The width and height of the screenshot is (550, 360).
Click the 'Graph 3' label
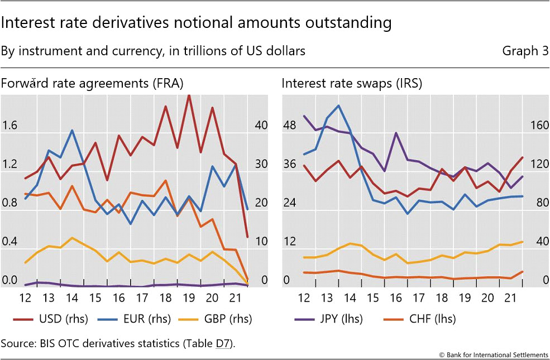click(525, 51)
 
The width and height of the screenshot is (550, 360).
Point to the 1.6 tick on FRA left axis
click(9, 126)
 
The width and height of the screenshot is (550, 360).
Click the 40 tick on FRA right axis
click(260, 126)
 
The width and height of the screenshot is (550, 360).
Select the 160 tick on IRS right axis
click(539, 126)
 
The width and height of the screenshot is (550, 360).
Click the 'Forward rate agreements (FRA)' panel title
click(92, 84)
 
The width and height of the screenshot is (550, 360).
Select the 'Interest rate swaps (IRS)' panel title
click(352, 84)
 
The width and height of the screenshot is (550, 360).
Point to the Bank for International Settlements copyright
click(494, 354)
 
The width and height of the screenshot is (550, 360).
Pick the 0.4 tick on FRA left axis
click(9, 242)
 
